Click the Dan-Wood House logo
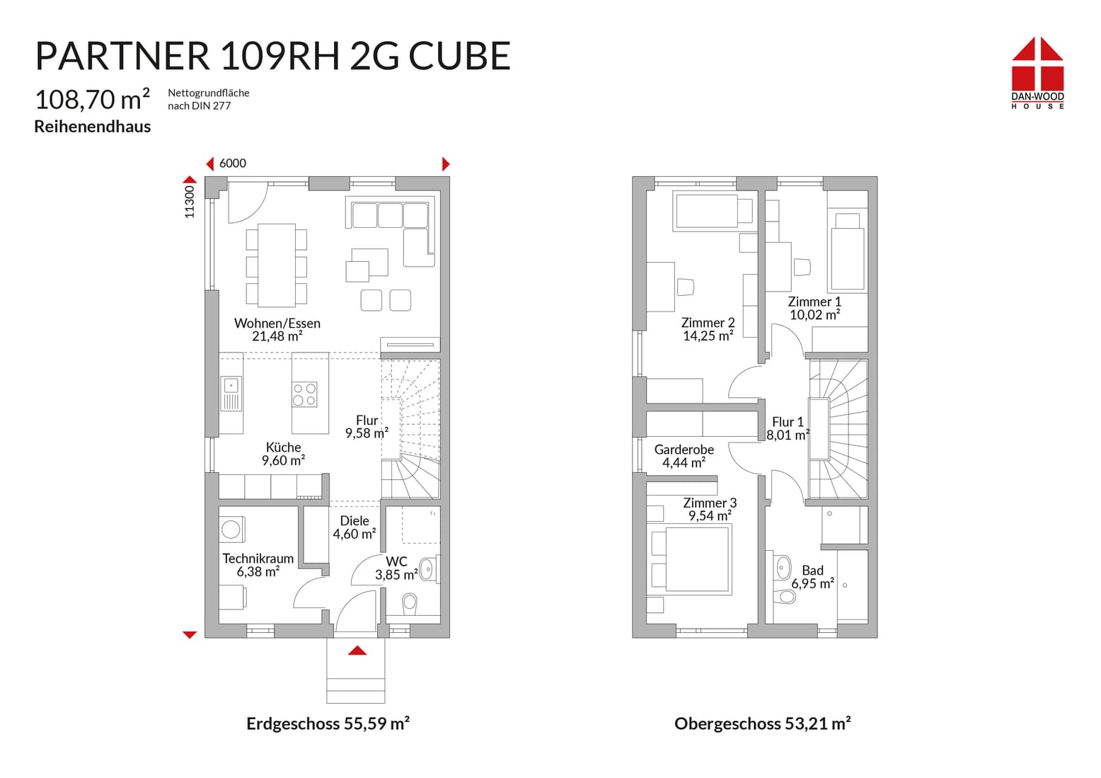coord(1037,73)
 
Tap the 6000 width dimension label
coord(233,164)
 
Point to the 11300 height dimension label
coord(189,202)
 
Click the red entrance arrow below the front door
coord(357,651)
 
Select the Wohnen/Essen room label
coord(277,329)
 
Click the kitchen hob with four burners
coord(305,394)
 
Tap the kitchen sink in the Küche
coord(231,394)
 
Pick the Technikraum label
coord(258,565)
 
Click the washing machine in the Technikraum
coord(231,530)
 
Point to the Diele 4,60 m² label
coord(354,527)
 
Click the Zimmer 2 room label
coord(708,329)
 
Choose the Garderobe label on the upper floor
coord(684,456)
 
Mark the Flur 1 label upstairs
coord(788,428)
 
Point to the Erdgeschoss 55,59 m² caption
coord(328,723)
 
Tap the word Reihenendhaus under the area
coord(93,127)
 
